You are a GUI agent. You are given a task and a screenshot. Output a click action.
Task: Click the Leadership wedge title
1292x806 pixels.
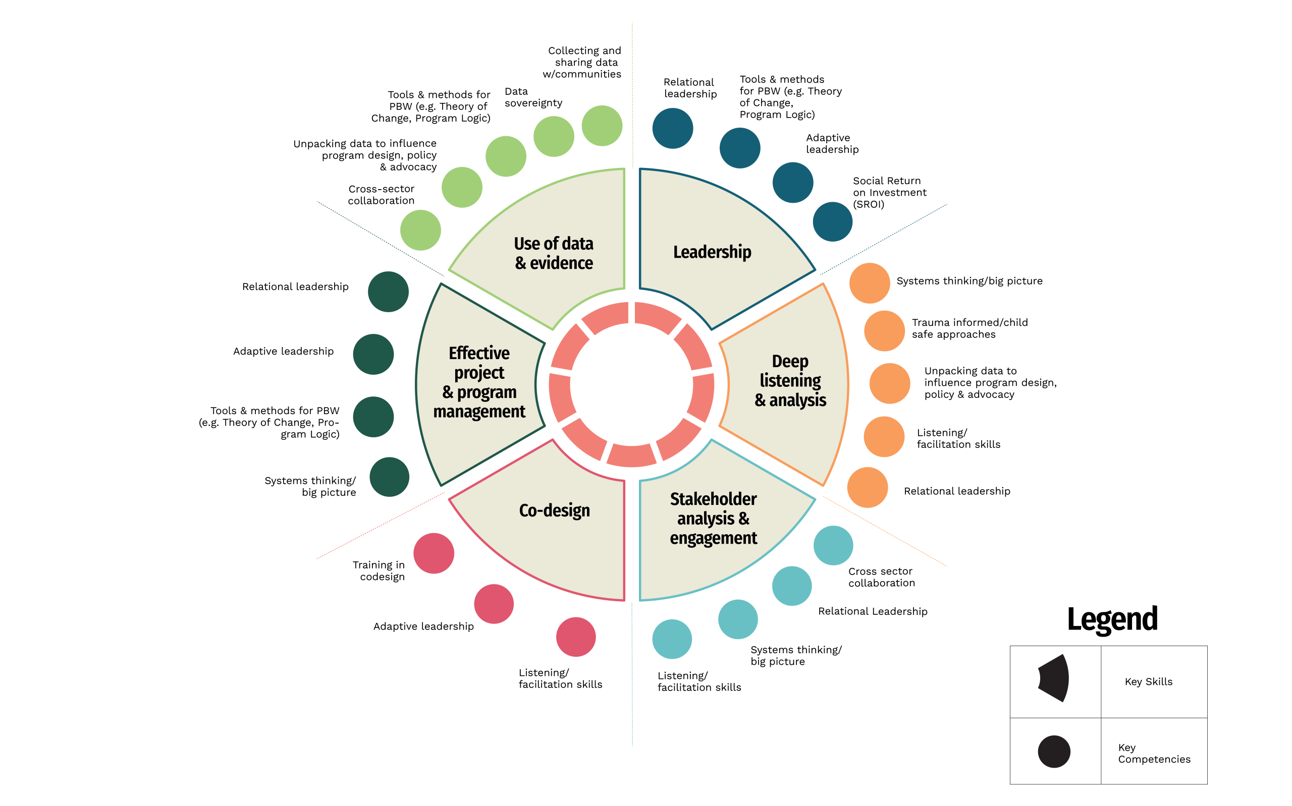coord(712,252)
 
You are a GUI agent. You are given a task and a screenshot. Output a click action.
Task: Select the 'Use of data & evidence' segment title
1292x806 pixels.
coord(554,253)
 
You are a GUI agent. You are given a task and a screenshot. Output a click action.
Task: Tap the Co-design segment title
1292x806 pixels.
coord(555,510)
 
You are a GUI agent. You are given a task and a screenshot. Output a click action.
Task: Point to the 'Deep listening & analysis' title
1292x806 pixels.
coord(790,381)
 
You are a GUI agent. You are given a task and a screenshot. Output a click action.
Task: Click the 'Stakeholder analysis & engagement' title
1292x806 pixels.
coord(714,518)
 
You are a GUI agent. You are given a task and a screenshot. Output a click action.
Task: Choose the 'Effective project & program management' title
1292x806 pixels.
coord(479,382)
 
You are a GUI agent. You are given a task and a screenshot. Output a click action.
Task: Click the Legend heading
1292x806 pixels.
coord(1112,619)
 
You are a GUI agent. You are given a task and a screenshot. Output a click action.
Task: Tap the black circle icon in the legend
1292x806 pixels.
coord(1054,752)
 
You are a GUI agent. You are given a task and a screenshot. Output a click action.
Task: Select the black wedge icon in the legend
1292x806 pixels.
coord(1054,678)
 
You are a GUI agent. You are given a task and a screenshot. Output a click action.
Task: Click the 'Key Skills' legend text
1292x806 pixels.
coord(1149,682)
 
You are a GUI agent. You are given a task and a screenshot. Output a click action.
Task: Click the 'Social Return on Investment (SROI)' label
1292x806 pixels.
coord(889,193)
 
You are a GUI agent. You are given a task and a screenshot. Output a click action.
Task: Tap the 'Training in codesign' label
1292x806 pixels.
coord(379,570)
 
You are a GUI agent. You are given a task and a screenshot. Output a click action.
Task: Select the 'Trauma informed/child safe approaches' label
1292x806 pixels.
coord(970,328)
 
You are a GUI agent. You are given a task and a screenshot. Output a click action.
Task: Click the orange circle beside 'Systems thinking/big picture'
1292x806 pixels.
coord(870,283)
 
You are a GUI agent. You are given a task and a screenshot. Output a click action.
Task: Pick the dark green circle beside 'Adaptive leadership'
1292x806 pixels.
coord(373,355)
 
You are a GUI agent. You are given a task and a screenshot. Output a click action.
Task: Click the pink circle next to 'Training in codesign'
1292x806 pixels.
coord(434,553)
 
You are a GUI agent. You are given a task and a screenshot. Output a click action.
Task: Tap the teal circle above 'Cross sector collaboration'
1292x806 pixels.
coord(833,545)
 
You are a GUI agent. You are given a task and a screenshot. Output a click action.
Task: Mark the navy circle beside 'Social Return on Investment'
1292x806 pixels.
coord(832,222)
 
